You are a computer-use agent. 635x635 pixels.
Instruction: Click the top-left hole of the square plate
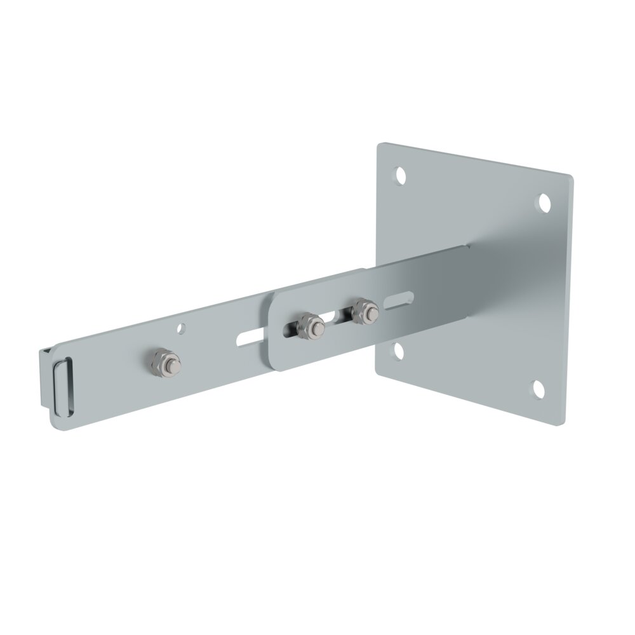401,173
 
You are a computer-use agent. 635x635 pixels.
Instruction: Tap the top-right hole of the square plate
544,202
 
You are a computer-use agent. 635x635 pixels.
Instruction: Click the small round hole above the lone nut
182,329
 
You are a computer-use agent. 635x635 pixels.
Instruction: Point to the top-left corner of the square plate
379,144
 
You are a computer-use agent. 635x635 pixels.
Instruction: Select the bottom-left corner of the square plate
378,372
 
